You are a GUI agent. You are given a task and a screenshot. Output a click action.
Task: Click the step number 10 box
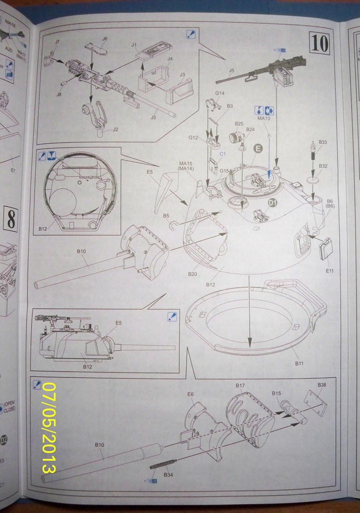319,42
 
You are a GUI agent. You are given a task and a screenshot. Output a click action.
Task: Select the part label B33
322,142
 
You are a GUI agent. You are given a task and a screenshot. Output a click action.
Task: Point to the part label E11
329,271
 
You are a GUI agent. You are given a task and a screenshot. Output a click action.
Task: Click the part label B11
300,363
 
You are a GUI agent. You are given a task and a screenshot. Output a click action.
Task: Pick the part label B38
322,385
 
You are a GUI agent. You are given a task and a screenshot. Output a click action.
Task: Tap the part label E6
190,394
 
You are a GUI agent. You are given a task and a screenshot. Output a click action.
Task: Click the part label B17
240,385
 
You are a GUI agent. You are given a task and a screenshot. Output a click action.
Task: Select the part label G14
219,93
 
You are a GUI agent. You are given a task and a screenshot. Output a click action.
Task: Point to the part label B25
239,123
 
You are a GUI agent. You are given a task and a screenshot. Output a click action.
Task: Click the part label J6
105,39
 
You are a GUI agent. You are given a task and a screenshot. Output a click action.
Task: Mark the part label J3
182,75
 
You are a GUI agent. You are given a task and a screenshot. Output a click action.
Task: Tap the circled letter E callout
258,148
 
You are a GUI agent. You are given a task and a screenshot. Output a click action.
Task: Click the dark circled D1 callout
272,202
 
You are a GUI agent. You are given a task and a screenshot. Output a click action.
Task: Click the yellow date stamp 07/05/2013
49,427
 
